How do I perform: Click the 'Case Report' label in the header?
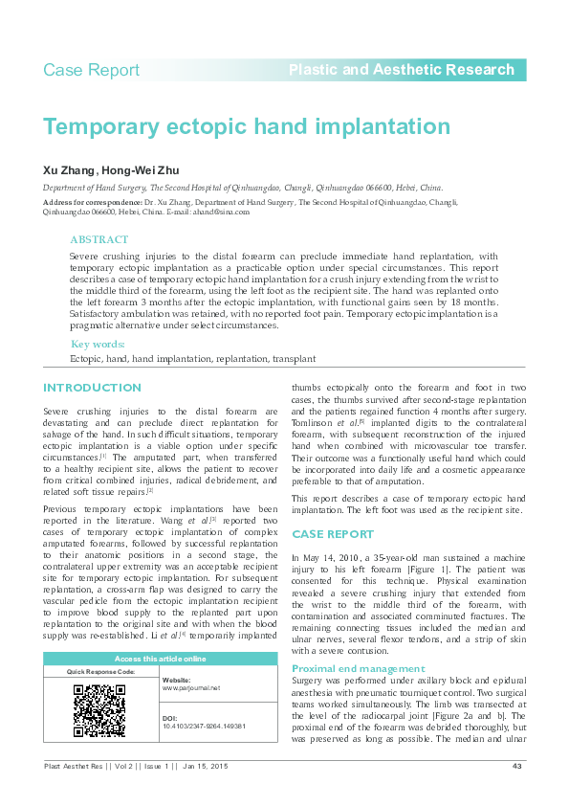click(92, 70)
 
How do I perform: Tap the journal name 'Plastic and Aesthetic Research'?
click(401, 70)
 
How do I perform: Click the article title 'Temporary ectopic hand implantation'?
click(247, 127)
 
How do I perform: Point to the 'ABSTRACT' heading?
click(99, 240)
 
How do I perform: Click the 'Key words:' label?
click(98, 345)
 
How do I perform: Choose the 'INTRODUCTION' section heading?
click(92, 388)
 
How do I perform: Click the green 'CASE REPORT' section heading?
click(332, 534)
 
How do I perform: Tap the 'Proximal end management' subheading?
click(358, 668)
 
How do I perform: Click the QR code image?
click(99, 710)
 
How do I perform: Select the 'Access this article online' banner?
click(160, 659)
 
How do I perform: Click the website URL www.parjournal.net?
click(190, 688)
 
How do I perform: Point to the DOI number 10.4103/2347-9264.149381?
click(204, 727)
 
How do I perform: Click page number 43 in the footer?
click(516, 766)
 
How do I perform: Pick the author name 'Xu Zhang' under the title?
click(69, 170)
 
